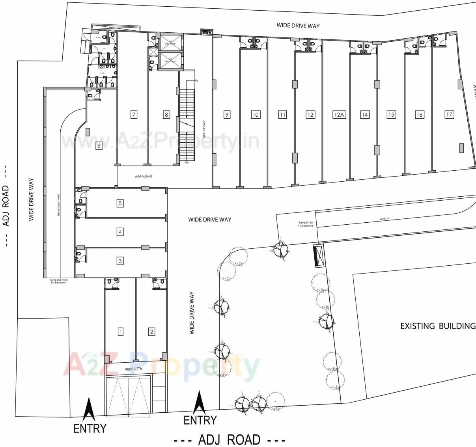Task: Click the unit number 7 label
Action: point(134,115)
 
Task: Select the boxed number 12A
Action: point(339,115)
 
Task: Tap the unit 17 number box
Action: point(449,115)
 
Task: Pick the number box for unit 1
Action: point(121,332)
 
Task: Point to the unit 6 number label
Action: point(99,146)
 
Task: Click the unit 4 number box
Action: point(120,232)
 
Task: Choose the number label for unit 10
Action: point(256,115)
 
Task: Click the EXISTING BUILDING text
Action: point(437,326)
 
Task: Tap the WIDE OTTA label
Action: point(133,369)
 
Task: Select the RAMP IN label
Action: point(384,219)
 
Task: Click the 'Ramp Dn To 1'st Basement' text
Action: point(306,224)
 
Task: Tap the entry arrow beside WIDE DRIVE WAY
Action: point(199,402)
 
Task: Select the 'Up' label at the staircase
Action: point(196,81)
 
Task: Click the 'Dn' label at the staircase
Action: point(187,162)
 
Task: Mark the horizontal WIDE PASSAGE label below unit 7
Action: point(143,177)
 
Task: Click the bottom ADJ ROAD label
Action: point(229,440)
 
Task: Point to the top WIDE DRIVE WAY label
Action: point(298,26)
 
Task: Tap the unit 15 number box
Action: point(391,115)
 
